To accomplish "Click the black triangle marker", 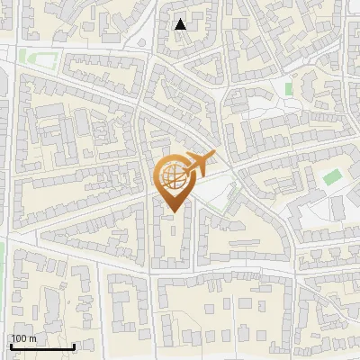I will [x=181, y=24].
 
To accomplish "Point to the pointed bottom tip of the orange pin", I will [x=172, y=211].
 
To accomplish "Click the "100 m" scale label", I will [x=23, y=338].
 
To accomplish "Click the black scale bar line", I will [x=42, y=346].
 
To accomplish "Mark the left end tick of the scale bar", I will [x=11, y=346].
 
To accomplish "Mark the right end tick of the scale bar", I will [x=74, y=346].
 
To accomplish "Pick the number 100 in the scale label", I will [x=19, y=338].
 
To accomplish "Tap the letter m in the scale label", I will [x=32, y=338].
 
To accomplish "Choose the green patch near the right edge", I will [x=333, y=175].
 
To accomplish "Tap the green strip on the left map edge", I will [x=2, y=261].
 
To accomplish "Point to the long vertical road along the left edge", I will [x=8, y=180].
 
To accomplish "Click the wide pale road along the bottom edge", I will [x=180, y=354].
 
